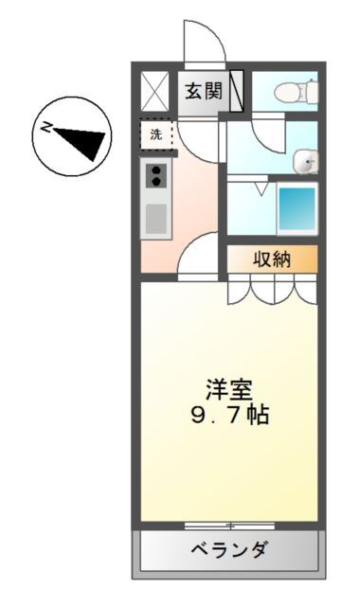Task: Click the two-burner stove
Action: [x=155, y=174]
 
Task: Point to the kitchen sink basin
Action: [x=155, y=219]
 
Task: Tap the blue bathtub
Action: [x=297, y=208]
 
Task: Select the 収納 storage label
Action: [x=270, y=258]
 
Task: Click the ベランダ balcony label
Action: [x=230, y=550]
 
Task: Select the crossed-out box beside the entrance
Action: [x=155, y=92]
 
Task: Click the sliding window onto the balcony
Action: [x=230, y=524]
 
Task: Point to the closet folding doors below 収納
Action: [x=270, y=289]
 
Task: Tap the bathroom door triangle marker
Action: [x=260, y=188]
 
